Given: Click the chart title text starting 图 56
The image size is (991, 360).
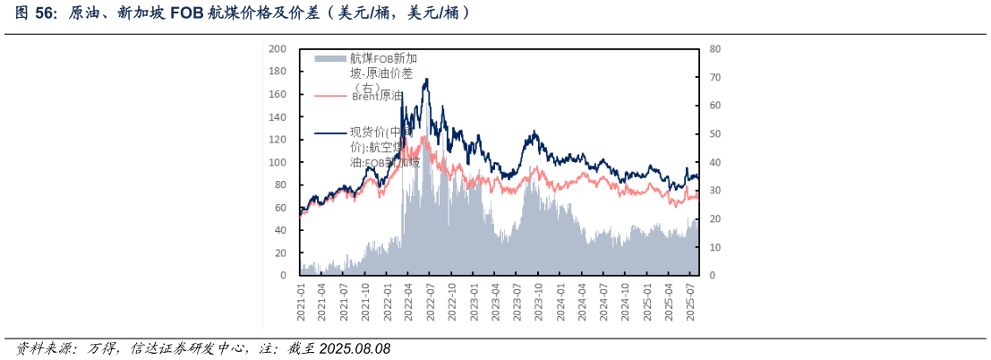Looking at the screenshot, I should pyautogui.click(x=242, y=13).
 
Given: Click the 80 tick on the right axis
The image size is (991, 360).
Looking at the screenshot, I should pyautogui.click(x=715, y=48).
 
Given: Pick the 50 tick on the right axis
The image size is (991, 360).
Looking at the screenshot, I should pyautogui.click(x=715, y=133).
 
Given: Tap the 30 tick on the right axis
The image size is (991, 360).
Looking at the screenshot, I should pyautogui.click(x=715, y=191).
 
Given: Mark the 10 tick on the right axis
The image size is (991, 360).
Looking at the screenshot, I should pyautogui.click(x=715, y=247).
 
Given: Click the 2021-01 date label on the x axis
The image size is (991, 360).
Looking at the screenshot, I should pyautogui.click(x=302, y=301).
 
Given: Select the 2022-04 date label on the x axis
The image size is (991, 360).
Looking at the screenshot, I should pyautogui.click(x=409, y=301).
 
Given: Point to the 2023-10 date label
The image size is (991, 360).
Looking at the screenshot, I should pyautogui.click(x=539, y=301).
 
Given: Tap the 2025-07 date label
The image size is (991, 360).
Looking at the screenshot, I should pyautogui.click(x=690, y=301).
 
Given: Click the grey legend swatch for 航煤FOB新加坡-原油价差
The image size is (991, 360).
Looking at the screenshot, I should pyautogui.click(x=329, y=58).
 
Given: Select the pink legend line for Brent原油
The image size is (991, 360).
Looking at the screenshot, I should pyautogui.click(x=329, y=95).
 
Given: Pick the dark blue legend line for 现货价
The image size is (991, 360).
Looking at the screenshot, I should pyautogui.click(x=329, y=134).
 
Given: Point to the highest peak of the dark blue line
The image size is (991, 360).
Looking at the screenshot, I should pyautogui.click(x=426, y=79).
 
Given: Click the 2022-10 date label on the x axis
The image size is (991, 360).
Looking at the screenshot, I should pyautogui.click(x=453, y=301).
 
